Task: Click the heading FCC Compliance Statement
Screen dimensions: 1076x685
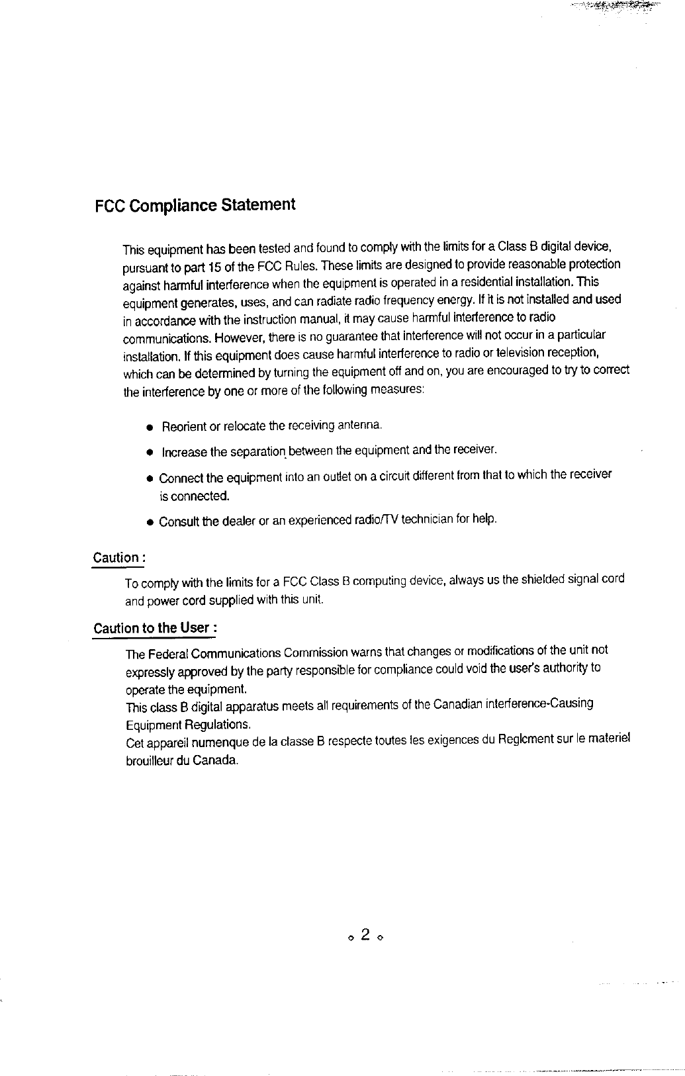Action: coord(195,205)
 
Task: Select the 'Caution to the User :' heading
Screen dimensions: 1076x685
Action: coord(156,627)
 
